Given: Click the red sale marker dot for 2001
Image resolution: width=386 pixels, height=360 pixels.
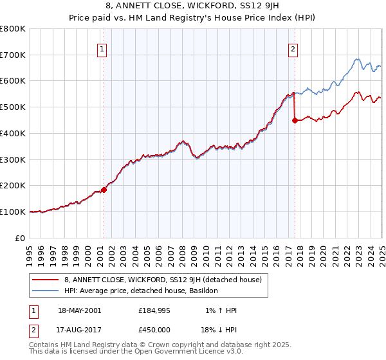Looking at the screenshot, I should point(104,190).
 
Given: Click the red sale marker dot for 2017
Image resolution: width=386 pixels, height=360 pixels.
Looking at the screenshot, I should point(295,120).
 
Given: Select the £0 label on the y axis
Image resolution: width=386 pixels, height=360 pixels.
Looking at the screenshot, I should point(21,238).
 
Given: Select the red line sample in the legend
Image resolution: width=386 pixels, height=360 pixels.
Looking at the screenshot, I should point(45,280).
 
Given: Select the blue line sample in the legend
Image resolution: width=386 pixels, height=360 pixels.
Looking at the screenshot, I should point(45,291).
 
